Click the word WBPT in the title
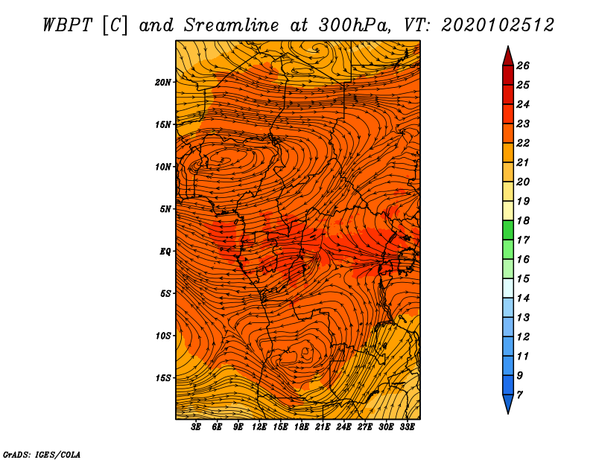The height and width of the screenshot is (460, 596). click(x=67, y=25)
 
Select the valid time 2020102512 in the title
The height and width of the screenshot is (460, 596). click(x=498, y=25)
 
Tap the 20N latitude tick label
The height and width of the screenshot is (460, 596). click(x=163, y=83)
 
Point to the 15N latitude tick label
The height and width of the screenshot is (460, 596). click(x=163, y=124)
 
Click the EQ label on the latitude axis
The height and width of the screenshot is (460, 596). click(x=165, y=252)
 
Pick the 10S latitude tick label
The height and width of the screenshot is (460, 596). click(x=163, y=336)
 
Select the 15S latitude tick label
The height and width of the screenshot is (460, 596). click(x=163, y=378)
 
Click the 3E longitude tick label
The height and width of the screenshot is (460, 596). click(x=196, y=427)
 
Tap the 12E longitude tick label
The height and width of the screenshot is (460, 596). click(x=259, y=427)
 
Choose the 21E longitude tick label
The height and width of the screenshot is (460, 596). click(x=323, y=427)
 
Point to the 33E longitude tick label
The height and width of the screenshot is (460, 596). click(x=407, y=427)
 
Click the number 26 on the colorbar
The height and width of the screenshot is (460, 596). click(x=523, y=66)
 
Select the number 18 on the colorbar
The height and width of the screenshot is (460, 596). click(x=523, y=220)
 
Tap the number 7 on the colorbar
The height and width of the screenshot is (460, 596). click(x=519, y=395)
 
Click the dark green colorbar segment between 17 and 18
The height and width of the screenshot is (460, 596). click(x=508, y=230)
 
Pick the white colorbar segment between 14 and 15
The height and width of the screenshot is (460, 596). click(x=508, y=288)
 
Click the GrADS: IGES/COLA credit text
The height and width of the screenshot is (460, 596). click(x=42, y=455)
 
